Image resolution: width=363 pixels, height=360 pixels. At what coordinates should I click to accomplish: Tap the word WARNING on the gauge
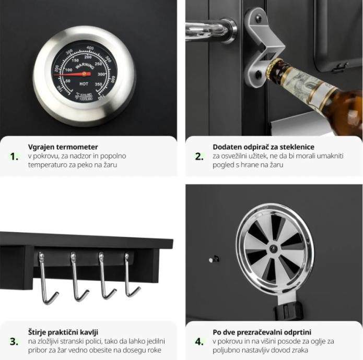(x=85, y=66)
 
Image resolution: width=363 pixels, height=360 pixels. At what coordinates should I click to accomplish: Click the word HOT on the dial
(x=84, y=83)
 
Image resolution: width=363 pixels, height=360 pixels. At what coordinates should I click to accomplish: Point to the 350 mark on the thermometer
(x=98, y=84)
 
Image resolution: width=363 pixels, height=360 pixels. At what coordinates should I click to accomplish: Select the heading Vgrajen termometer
(x=63, y=147)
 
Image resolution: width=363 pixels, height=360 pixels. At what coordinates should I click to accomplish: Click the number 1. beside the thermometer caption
(x=14, y=157)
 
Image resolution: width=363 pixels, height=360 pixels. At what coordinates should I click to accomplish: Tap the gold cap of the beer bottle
(x=274, y=68)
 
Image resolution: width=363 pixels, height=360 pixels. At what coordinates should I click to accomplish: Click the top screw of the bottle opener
(x=258, y=17)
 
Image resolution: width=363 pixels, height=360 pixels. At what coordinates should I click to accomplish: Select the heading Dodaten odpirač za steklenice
(x=263, y=147)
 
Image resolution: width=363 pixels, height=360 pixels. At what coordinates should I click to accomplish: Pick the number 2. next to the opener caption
(x=199, y=157)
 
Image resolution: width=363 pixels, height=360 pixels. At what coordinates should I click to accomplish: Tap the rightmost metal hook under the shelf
(x=131, y=275)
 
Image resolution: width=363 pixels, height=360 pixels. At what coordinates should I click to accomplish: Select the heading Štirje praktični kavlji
(x=63, y=332)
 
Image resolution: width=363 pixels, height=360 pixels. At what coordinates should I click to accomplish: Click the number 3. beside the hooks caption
(x=14, y=342)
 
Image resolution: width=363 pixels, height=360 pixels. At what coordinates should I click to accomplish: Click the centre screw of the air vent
(x=273, y=249)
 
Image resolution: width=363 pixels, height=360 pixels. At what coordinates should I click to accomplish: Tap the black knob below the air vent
(x=288, y=311)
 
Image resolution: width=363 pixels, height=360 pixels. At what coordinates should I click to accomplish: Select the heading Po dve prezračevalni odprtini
(x=262, y=332)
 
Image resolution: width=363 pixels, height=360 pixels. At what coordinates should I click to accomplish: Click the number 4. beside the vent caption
(x=199, y=342)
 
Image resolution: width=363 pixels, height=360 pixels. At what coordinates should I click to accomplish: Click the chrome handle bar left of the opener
(x=209, y=30)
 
